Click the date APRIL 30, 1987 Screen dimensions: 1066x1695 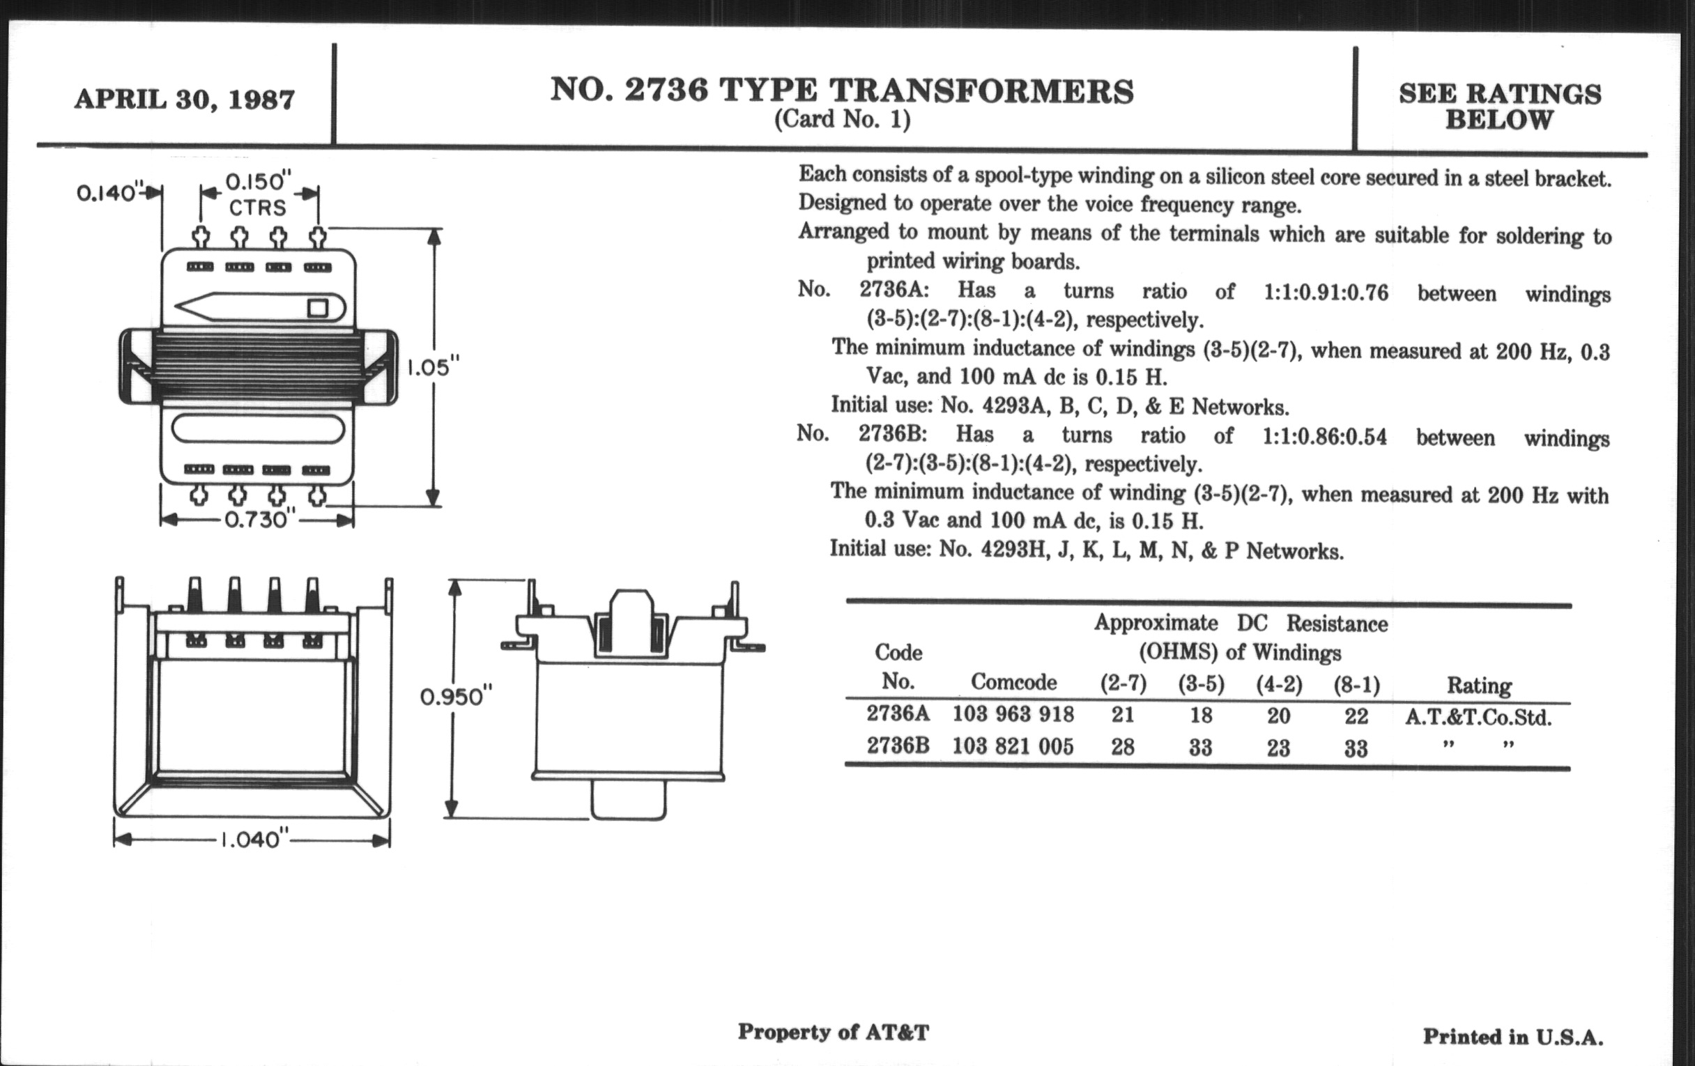[x=185, y=99]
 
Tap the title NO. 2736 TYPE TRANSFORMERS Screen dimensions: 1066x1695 [x=842, y=91]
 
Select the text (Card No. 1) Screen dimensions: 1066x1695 [x=842, y=120]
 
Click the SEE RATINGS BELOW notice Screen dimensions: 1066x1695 [x=1499, y=107]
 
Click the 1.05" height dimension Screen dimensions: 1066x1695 [x=434, y=367]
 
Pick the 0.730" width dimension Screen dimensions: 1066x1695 [x=256, y=520]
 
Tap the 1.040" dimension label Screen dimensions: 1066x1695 [x=254, y=840]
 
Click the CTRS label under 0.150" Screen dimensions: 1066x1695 [x=258, y=208]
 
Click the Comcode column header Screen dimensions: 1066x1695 [x=1013, y=682]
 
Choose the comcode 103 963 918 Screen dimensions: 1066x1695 [x=1013, y=714]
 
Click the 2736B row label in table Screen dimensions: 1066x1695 [x=898, y=745]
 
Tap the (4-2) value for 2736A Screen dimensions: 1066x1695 [x=1278, y=716]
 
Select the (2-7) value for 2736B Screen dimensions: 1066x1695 [x=1123, y=747]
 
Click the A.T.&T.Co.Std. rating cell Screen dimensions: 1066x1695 [x=1478, y=718]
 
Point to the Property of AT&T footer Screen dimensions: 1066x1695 [x=834, y=1033]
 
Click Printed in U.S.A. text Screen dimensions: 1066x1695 [x=1513, y=1037]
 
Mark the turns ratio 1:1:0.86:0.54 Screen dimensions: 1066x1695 [x=1324, y=437]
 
